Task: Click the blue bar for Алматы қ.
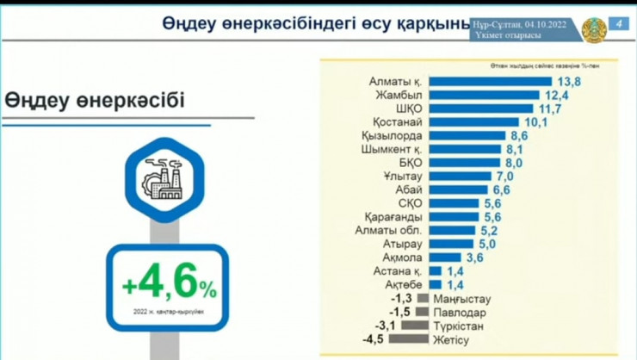[x=490, y=82]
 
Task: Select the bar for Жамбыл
[x=486, y=96]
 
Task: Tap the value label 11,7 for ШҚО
[x=548, y=109]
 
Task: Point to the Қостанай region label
[x=399, y=122]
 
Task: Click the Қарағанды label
[x=392, y=217]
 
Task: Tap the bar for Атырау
[x=451, y=244]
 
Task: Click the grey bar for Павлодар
[x=422, y=312]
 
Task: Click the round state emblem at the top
[x=592, y=29]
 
